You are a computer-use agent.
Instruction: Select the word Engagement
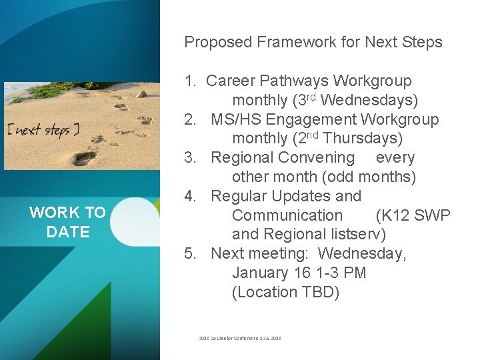point(311,120)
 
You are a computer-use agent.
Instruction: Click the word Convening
point(316,158)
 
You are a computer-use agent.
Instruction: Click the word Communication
point(287,215)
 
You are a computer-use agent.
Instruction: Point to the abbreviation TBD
point(317,292)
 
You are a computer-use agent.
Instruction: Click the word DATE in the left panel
point(68,232)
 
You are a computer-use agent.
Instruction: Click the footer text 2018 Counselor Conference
point(223,339)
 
